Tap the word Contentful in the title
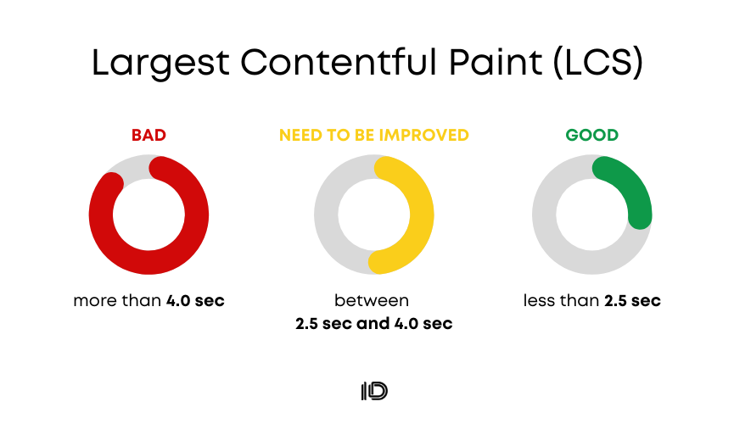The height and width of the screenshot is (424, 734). [x=339, y=61]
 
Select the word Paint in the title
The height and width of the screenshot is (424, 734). [x=496, y=61]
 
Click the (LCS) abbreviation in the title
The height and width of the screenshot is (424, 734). [x=597, y=62]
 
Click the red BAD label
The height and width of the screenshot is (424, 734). [x=148, y=135]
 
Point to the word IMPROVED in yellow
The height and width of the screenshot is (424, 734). [x=423, y=135]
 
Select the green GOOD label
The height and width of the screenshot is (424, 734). [x=592, y=135]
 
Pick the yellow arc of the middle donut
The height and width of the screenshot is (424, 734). [x=421, y=215]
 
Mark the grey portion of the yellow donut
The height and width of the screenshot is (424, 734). [x=327, y=215]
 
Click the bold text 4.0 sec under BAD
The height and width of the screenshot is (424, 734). [x=196, y=300]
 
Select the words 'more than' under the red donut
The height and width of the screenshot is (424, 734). [x=117, y=300]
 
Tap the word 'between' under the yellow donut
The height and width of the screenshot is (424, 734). [x=372, y=300]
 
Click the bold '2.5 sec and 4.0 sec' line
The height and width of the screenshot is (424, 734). [x=374, y=323]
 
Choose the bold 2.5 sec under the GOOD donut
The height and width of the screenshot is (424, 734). [x=632, y=300]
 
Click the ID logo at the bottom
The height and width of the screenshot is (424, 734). [x=374, y=391]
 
